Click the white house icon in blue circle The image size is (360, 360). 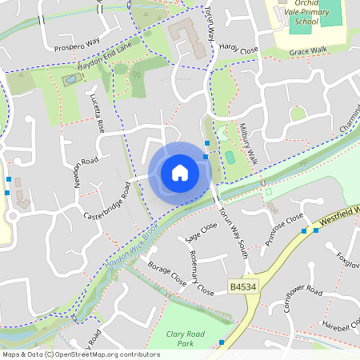coord(179,172)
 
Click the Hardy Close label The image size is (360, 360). coord(239,50)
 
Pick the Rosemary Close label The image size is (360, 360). coord(200,270)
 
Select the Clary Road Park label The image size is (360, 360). coord(186,338)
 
